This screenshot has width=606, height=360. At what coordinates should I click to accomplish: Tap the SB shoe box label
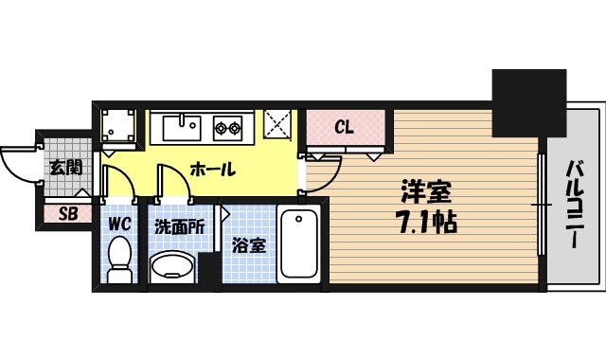pos(67,214)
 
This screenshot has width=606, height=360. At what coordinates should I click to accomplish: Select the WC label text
pos(118,225)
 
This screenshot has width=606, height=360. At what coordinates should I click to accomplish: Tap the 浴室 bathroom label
pos(248,244)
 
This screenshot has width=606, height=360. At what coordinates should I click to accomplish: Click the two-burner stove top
pos(228,126)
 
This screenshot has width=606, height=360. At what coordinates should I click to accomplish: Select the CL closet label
pos(345,127)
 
